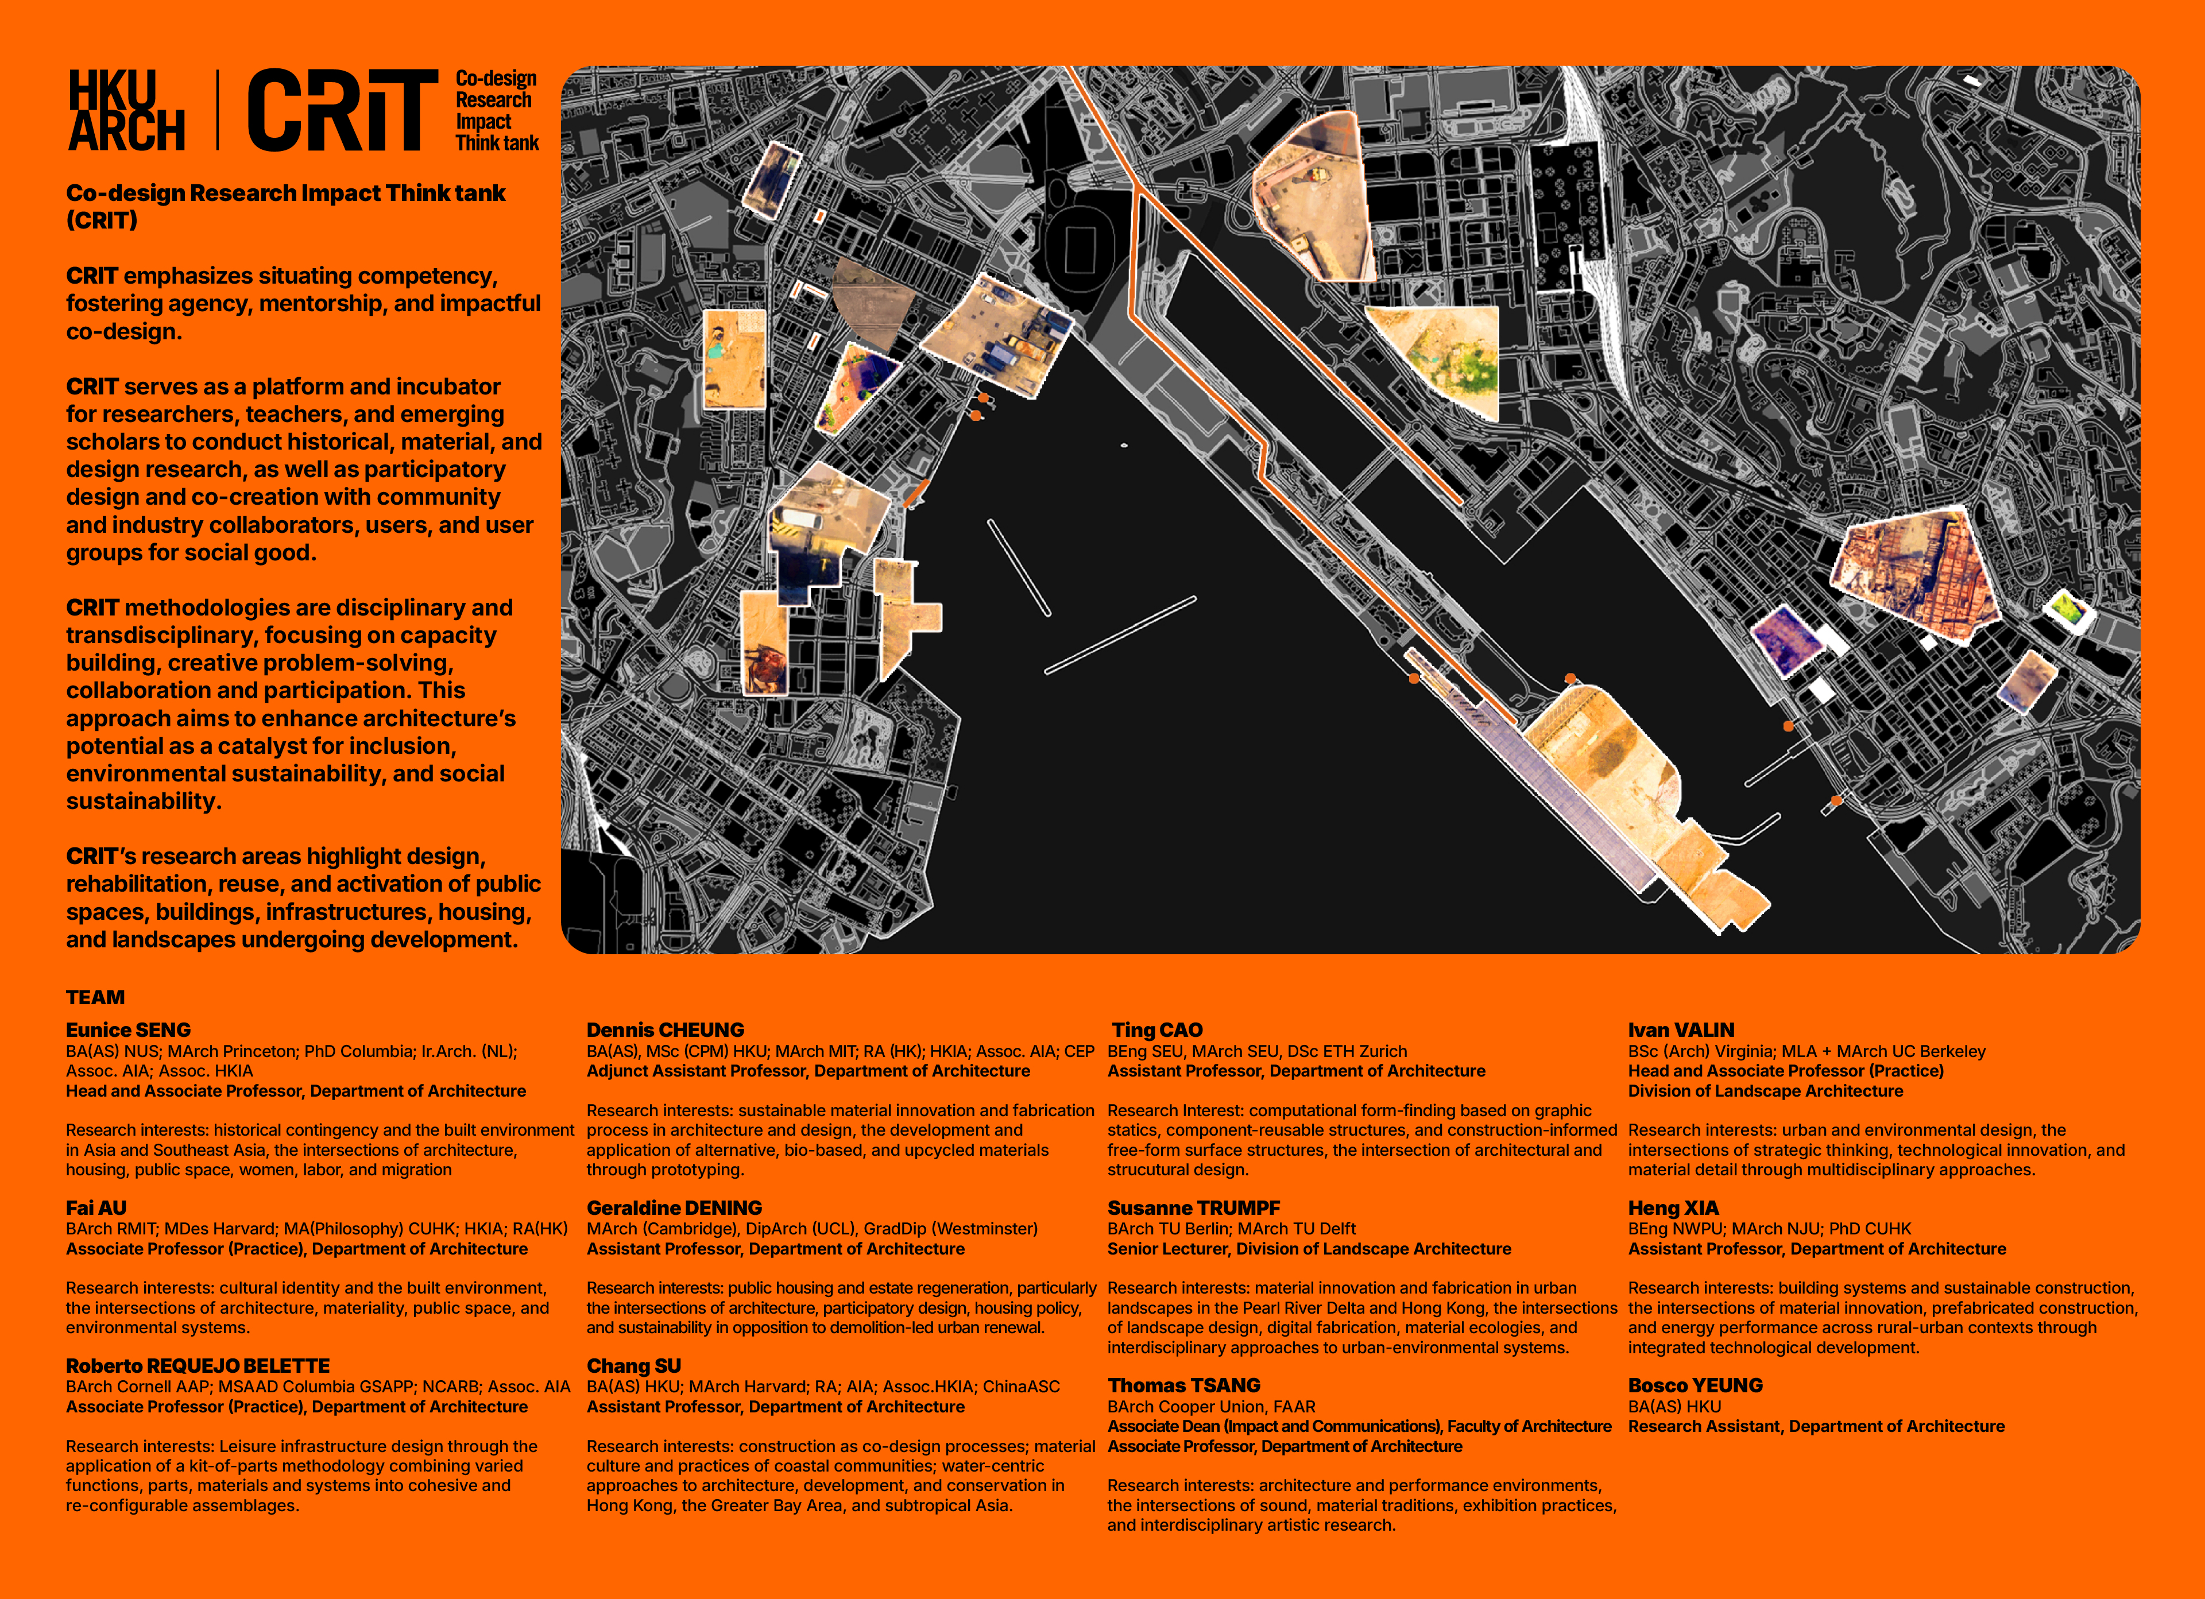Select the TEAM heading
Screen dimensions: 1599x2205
(95, 997)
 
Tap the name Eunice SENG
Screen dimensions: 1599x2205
(128, 1029)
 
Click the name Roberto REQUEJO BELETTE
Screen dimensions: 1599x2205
(198, 1366)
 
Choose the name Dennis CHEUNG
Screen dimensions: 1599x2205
(665, 1029)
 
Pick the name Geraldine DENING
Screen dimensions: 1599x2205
(674, 1207)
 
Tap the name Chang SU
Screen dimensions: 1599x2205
(634, 1366)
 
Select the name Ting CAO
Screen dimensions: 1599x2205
(1157, 1029)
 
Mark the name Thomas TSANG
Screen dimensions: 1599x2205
(1183, 1385)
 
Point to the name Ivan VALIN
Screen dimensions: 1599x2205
(1681, 1029)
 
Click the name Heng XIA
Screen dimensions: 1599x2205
(1673, 1207)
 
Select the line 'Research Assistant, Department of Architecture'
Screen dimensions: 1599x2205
(1816, 1426)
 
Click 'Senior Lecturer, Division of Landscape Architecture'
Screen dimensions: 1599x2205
(1309, 1248)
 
